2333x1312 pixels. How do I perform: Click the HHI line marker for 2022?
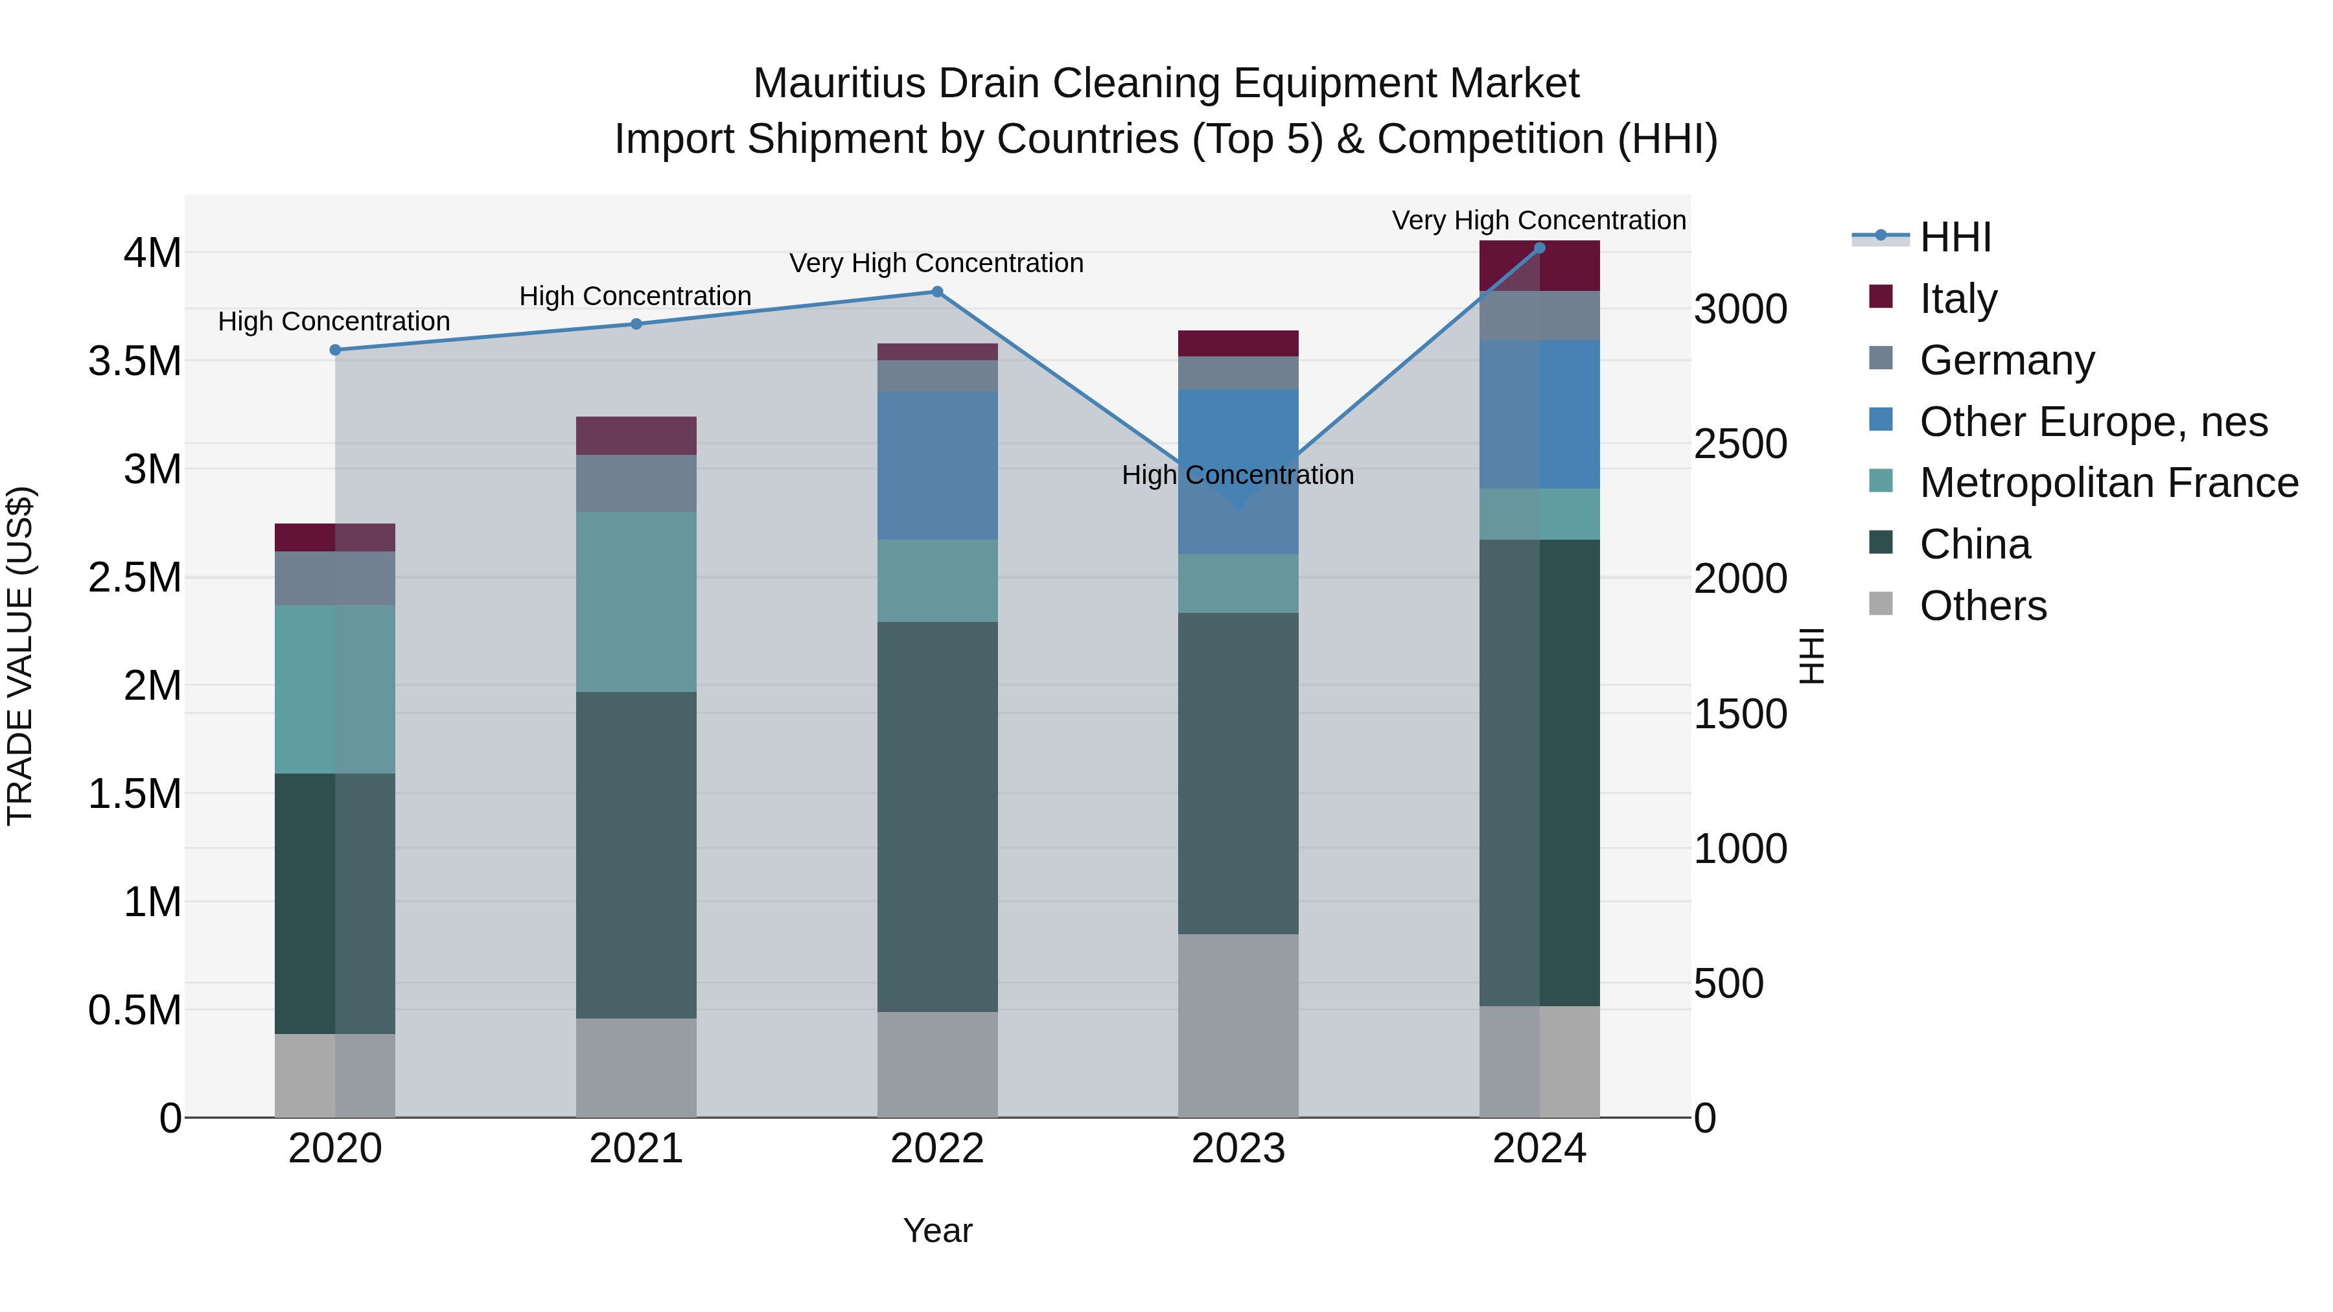[937, 292]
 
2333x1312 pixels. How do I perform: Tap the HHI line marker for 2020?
[335, 349]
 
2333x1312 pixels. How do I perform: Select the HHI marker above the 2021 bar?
[636, 324]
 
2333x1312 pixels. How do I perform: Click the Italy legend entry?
[1957, 299]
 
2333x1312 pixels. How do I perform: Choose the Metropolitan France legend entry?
[2108, 483]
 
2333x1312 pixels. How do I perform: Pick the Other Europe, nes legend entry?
[2093, 422]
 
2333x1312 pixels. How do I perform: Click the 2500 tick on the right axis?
[1740, 444]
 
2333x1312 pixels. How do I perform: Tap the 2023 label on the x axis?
[1238, 1149]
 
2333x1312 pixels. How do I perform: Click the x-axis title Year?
[937, 1230]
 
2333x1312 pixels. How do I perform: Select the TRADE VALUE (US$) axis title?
[20, 656]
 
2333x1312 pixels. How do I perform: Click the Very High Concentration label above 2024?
[1538, 220]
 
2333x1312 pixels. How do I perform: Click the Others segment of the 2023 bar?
[1238, 1025]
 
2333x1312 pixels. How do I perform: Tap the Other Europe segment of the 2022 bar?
[937, 465]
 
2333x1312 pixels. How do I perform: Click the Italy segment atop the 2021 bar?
[636, 435]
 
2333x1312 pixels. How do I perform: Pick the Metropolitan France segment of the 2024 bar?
[1538, 514]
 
